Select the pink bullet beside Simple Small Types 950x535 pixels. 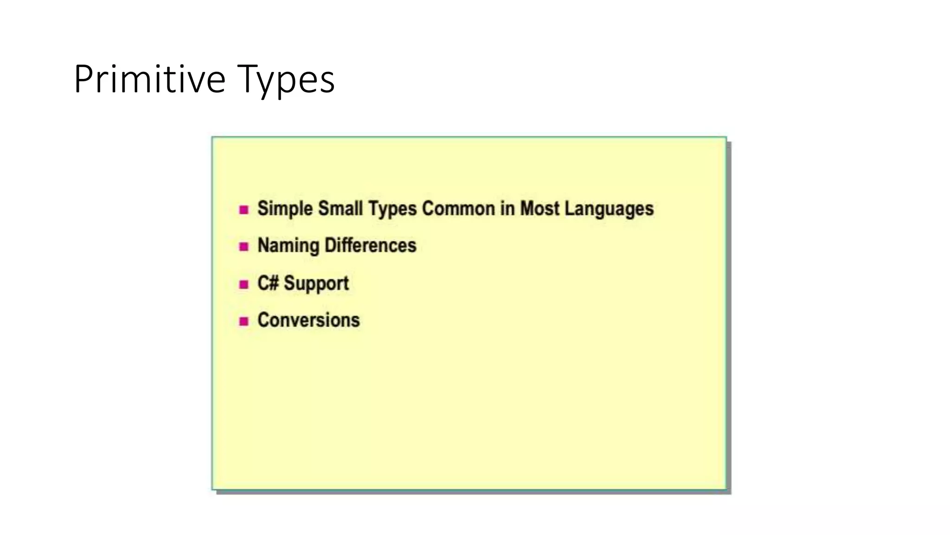click(x=244, y=210)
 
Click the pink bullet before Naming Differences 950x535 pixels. click(x=244, y=247)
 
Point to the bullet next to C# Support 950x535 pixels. click(x=244, y=284)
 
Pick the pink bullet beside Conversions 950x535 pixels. click(x=244, y=321)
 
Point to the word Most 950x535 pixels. click(x=539, y=209)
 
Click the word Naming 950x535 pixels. click(x=288, y=246)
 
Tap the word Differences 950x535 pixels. click(x=370, y=246)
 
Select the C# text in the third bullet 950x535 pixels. click(x=268, y=283)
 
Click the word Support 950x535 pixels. click(x=316, y=283)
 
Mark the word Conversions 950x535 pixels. click(x=308, y=320)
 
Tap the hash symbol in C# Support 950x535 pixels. click(x=273, y=283)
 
